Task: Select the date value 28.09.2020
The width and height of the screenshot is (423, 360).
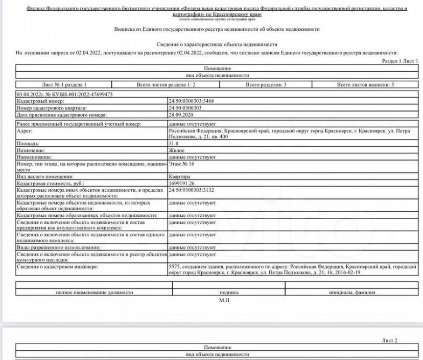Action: [180, 115]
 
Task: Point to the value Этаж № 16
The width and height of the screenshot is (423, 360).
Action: [181, 164]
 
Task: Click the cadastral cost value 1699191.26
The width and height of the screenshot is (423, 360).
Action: [182, 183]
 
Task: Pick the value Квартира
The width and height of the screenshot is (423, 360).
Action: [179, 176]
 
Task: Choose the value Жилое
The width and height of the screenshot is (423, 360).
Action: [177, 151]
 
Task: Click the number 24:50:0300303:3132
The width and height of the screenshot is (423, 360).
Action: [191, 190]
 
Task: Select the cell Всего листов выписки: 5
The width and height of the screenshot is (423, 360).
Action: [365, 84]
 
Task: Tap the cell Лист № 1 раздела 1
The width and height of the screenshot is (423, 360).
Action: [63, 84]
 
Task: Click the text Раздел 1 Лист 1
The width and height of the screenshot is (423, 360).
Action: [400, 61]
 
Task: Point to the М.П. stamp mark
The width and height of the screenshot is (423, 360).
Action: [224, 300]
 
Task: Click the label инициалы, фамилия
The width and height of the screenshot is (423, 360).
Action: [352, 292]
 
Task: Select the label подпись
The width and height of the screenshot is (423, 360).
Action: [224, 292]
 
